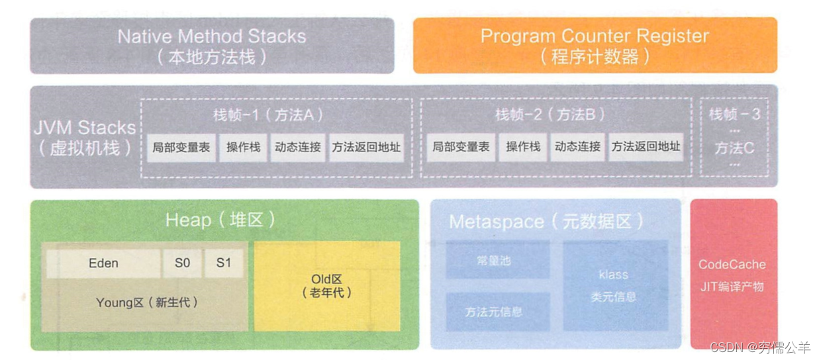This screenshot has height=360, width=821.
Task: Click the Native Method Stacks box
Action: click(x=212, y=45)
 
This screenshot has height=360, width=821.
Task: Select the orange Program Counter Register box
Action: click(x=595, y=45)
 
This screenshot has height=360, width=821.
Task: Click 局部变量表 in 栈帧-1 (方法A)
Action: click(x=181, y=148)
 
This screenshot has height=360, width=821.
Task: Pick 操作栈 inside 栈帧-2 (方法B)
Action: click(x=523, y=148)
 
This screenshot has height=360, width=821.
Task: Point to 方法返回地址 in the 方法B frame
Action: click(x=646, y=148)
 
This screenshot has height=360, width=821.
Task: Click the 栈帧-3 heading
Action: click(x=734, y=114)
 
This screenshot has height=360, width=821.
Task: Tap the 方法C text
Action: click(x=734, y=148)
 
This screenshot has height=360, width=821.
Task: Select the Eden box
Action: click(x=103, y=263)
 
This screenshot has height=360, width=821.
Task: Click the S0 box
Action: click(x=182, y=263)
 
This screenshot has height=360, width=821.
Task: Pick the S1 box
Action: click(x=224, y=263)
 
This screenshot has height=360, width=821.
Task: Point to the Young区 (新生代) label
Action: click(x=146, y=303)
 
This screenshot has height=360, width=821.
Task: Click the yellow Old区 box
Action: click(x=327, y=285)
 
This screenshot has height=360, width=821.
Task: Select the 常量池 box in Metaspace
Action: click(x=497, y=260)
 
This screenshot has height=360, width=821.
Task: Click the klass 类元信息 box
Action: click(x=614, y=285)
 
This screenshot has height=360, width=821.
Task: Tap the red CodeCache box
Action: click(x=732, y=274)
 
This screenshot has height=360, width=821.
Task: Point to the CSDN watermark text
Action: click(x=759, y=347)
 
